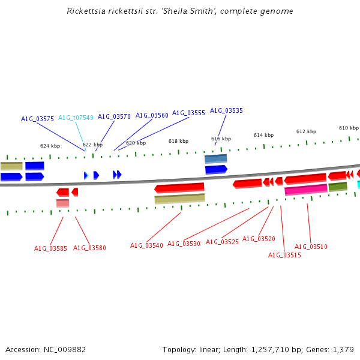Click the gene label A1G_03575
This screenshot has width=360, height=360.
click(37, 119)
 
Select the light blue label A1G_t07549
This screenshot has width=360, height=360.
click(76, 118)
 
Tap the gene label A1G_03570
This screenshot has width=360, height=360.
click(114, 116)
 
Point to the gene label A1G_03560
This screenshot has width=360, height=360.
click(152, 115)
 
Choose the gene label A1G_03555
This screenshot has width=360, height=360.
click(188, 113)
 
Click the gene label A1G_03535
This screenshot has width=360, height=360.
click(226, 110)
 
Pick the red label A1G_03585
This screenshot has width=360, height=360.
click(50, 248)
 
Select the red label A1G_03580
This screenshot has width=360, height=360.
click(89, 248)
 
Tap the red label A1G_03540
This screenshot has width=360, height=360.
click(146, 245)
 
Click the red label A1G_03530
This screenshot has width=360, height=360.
click(184, 244)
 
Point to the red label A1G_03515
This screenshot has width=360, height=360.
click(284, 255)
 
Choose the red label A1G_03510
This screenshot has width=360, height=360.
click(311, 247)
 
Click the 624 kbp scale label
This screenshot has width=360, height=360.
click(50, 146)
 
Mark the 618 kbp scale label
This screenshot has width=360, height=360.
click(178, 141)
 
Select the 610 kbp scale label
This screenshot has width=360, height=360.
click(349, 128)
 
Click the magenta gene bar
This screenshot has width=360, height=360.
click(305, 190)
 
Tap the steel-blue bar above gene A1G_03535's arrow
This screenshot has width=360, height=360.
click(215, 159)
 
